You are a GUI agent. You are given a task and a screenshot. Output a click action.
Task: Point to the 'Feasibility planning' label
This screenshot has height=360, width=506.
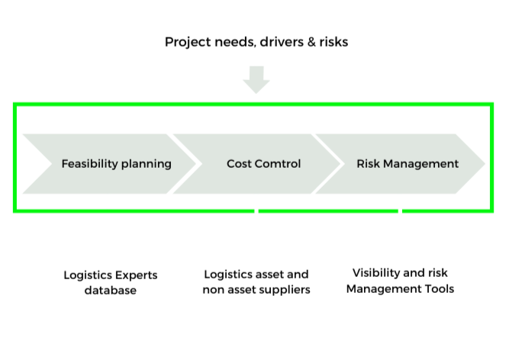tap(116, 163)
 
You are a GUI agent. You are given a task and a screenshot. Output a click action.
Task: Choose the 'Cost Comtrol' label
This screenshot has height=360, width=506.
tap(263, 163)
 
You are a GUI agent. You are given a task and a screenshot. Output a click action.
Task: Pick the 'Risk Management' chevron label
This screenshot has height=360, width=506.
tap(408, 163)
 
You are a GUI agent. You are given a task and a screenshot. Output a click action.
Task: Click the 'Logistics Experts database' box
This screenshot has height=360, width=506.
tap(110, 282)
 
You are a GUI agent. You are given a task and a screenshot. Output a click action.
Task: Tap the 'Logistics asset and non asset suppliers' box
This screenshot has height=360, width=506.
tap(256, 281)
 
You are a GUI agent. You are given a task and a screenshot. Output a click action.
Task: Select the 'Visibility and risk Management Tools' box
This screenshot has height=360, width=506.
tap(399, 281)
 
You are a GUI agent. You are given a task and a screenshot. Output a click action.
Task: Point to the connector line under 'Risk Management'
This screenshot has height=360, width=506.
tap(399, 218)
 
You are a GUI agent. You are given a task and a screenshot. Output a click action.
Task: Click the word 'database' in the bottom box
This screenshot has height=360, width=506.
tap(110, 291)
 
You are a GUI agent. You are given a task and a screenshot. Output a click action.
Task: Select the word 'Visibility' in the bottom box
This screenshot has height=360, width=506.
tap(379, 272)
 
